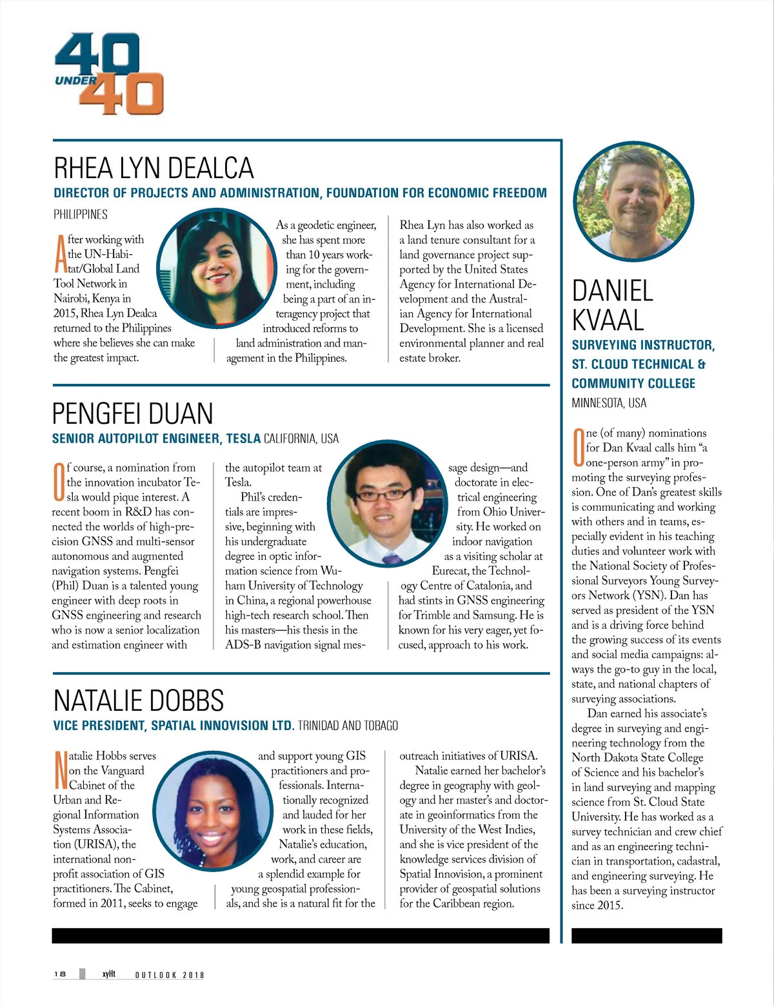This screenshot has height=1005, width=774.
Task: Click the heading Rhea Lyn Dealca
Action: pyautogui.click(x=154, y=168)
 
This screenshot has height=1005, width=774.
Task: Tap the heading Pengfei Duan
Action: pyautogui.click(x=132, y=413)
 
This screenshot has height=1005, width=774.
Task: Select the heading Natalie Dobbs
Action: pyautogui.click(x=139, y=701)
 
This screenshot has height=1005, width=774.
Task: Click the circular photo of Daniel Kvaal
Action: pyautogui.click(x=633, y=202)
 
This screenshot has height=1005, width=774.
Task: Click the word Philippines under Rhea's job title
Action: pyautogui.click(x=81, y=214)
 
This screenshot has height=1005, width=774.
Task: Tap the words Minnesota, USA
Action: pyautogui.click(x=609, y=403)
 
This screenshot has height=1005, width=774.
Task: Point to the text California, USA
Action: pyautogui.click(x=301, y=439)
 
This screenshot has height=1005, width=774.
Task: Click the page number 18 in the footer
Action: pyautogui.click(x=60, y=974)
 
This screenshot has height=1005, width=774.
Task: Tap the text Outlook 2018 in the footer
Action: pyautogui.click(x=169, y=975)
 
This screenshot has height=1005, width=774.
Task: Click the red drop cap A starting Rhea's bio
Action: pyautogui.click(x=59, y=254)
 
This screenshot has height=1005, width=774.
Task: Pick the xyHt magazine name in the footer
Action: pyautogui.click(x=108, y=974)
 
